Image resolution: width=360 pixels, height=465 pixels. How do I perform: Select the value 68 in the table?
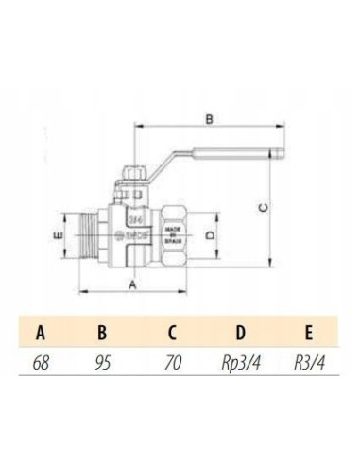coord(41,361)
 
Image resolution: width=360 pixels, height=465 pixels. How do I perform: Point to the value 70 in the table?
coord(171,361)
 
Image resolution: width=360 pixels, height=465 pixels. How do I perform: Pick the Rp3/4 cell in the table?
coord(239,361)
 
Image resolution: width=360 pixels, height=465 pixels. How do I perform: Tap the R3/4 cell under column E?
coord(307,361)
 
